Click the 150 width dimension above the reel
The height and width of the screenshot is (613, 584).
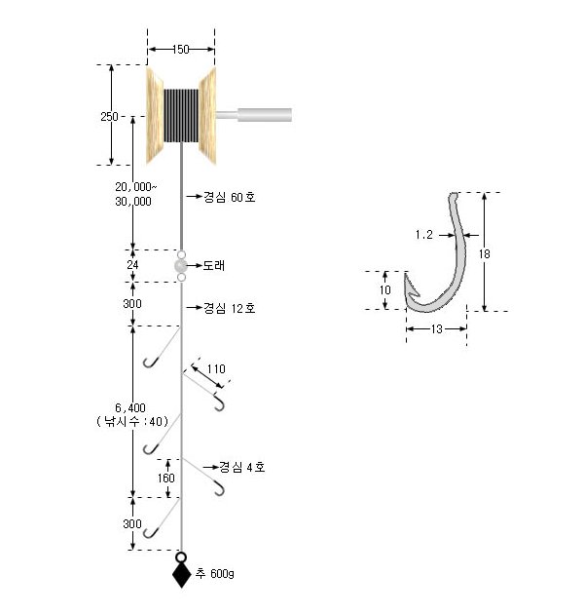coord(180,50)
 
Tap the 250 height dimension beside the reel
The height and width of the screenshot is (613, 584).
coord(109,117)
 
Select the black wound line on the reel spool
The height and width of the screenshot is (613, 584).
coord(181,115)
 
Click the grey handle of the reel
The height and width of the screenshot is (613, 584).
coord(254,115)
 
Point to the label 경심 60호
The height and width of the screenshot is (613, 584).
coord(229,197)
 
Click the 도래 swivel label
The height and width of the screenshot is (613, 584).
coord(213,265)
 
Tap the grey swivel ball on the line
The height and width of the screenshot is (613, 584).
coord(180,266)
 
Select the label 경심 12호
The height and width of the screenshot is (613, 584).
coord(229,308)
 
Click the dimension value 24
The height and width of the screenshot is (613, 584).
coord(132,265)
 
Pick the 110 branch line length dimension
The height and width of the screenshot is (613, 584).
coord(216,368)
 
